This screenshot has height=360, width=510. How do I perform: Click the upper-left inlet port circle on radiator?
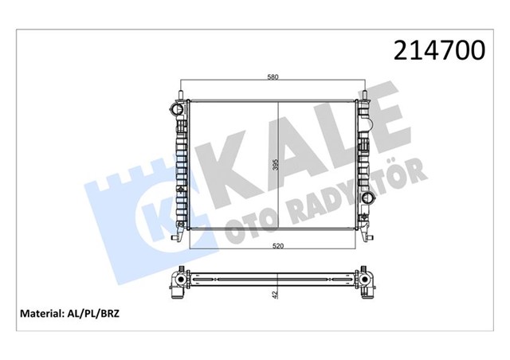pos(173,108)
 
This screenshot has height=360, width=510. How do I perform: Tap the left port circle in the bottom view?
pos(178,283)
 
